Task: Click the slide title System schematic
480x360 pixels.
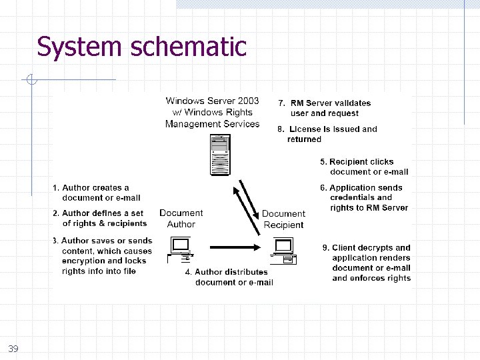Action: pyautogui.click(x=141, y=47)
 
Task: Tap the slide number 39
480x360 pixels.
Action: pyautogui.click(x=13, y=349)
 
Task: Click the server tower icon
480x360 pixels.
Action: pyautogui.click(x=219, y=155)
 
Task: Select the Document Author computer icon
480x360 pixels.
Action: pyautogui.click(x=181, y=248)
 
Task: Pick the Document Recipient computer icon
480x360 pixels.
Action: pyautogui.click(x=283, y=248)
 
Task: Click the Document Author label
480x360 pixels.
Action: pyautogui.click(x=181, y=219)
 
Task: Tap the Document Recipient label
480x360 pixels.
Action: pyautogui.click(x=283, y=219)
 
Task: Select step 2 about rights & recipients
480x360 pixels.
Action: pyautogui.click(x=99, y=219)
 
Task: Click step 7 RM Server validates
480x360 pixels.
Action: pyautogui.click(x=325, y=108)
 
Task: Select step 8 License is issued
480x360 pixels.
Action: pyautogui.click(x=327, y=134)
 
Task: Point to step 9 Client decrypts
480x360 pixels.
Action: pyautogui.click(x=367, y=263)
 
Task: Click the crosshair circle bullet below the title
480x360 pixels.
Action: pyautogui.click(x=31, y=81)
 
